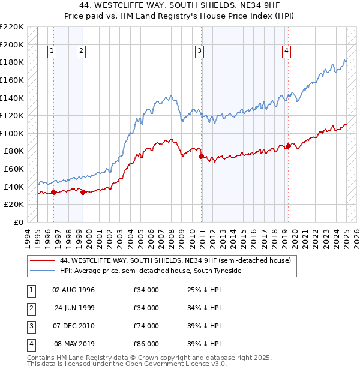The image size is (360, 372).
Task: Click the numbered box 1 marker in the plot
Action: (x=53, y=51)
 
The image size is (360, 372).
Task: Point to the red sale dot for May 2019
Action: (x=289, y=146)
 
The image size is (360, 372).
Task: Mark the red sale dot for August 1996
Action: (x=54, y=192)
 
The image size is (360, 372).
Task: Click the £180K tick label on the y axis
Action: (x=12, y=62)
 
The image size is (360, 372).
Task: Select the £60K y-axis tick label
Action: (x=14, y=169)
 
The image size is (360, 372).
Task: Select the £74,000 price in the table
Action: (x=146, y=326)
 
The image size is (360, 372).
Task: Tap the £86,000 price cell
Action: (x=146, y=344)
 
